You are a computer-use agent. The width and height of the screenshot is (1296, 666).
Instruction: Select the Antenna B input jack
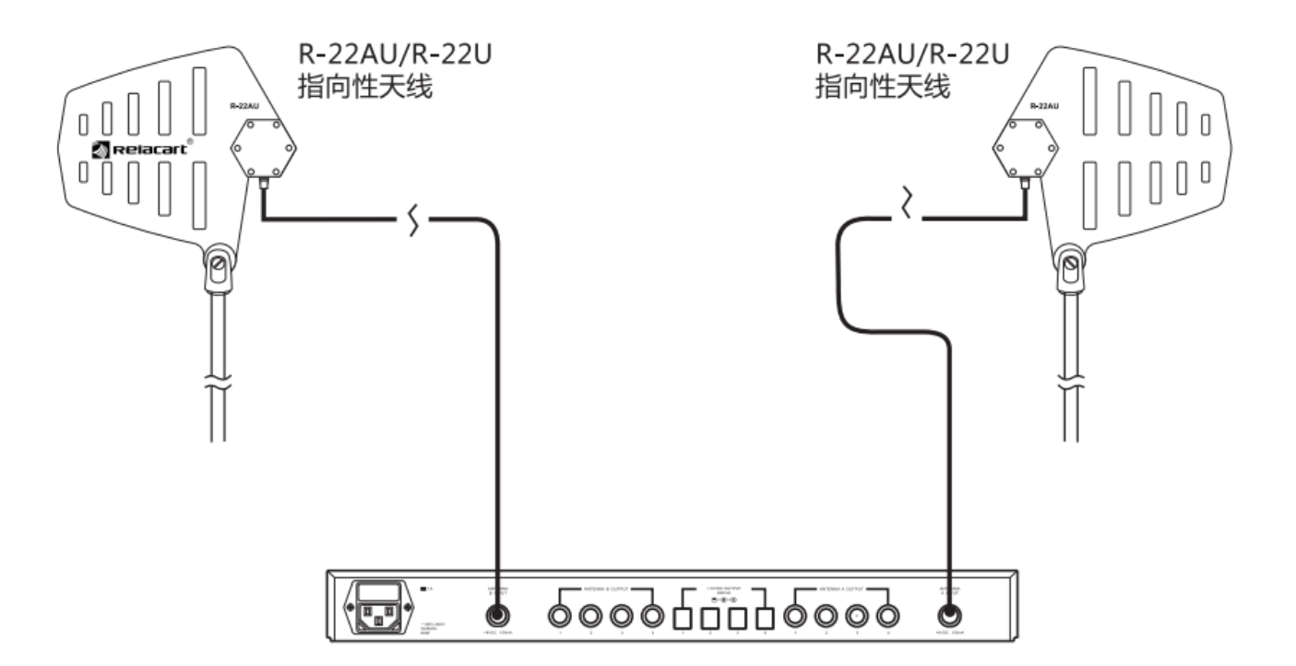click(x=498, y=615)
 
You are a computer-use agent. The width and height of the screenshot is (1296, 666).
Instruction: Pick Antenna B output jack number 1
click(x=559, y=615)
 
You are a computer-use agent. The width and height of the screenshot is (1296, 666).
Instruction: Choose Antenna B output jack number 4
click(x=654, y=615)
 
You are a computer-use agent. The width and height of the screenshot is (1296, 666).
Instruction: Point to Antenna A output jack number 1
click(x=793, y=615)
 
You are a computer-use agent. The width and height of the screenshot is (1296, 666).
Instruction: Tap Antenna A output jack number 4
click(x=887, y=615)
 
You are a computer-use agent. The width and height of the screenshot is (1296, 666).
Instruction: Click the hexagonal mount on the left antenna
click(x=261, y=148)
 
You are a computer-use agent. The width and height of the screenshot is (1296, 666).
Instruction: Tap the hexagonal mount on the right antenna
click(x=1025, y=148)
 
